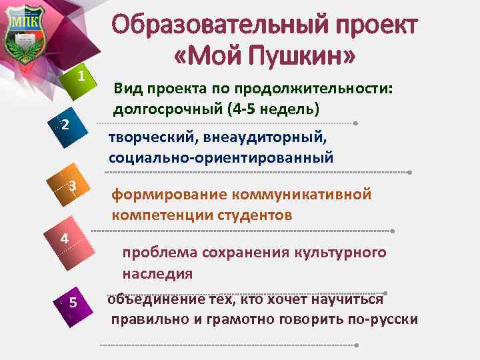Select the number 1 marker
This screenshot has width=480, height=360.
click(81, 75)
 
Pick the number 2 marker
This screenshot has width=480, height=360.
click(65, 125)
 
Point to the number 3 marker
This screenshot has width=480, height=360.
click(73, 185)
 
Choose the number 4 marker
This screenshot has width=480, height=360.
click(64, 239)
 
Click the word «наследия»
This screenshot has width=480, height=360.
click(157, 273)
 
